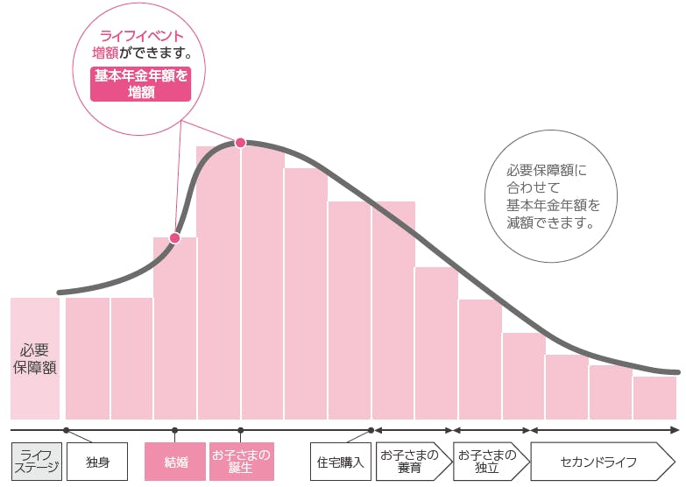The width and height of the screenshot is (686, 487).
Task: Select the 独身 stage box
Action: coord(97,462)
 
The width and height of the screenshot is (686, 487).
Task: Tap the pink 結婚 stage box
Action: coord(174,462)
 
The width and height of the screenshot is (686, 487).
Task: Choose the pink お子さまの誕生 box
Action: coord(241,462)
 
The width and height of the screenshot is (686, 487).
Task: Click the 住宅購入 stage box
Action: coord(341,462)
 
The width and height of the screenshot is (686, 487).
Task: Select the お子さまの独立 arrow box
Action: coord(489,462)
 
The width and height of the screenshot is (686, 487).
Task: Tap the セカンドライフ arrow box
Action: coord(602,462)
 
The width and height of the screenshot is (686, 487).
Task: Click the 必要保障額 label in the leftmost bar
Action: coord(35,358)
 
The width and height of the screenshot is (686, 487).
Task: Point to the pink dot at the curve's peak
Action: coord(240,142)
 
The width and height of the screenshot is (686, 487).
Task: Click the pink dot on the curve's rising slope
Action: coord(175,237)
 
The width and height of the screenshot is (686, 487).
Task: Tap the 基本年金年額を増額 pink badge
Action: coord(140,84)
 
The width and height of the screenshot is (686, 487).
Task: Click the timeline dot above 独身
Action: coord(66,430)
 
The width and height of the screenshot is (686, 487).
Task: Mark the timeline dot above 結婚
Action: coord(174,430)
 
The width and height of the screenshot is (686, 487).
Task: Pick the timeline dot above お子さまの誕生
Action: coord(241,430)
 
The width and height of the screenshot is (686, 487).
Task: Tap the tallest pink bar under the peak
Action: coord(219,280)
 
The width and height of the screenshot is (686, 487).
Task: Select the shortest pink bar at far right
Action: coord(654,398)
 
